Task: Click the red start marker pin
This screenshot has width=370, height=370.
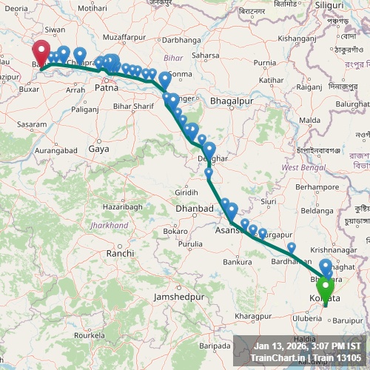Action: click(41, 53)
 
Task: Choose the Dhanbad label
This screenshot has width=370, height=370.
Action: click(193, 209)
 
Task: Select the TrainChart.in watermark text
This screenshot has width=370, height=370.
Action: click(277, 358)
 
